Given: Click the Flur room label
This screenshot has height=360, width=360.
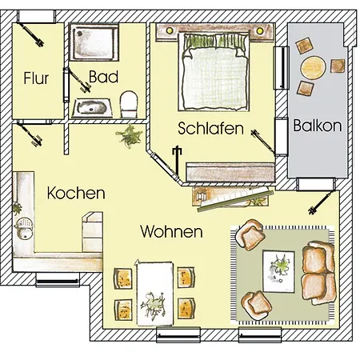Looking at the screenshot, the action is pos(36,78).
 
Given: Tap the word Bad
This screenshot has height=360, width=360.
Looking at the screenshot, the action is pos(103,77).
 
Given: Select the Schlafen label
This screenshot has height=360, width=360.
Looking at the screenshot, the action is pos(210,128).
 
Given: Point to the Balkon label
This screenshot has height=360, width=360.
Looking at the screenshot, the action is pos(318,126).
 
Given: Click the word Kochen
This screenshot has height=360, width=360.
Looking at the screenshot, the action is pos(76,193).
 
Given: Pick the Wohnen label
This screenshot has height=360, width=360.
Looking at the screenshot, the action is pos(171,231).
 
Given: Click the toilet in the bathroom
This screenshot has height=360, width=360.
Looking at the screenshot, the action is pos(129,104).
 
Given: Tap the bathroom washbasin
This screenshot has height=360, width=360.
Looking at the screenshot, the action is pos(92,108).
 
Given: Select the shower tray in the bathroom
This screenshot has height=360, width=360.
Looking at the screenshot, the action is pos(94,42).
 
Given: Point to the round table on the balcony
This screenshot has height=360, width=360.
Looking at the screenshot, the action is pos(314,67).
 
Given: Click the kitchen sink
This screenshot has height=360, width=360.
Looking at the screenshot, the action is pos(24,229).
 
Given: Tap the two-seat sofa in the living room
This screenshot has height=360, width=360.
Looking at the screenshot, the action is pos(318,273).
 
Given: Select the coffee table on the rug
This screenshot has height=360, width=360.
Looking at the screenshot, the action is pos(278,271).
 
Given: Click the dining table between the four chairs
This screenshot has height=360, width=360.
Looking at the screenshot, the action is pos(154,293).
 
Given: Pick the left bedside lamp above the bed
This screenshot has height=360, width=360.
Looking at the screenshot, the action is pos(169,30).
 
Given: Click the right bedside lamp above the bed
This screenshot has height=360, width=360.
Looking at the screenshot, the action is pos(260,31).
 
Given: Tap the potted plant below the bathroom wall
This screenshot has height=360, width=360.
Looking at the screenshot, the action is pos(130,136).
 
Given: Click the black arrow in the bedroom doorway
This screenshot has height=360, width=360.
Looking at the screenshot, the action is pos(177,160).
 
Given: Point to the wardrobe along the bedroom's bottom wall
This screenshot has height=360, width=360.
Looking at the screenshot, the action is pos(230,172).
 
